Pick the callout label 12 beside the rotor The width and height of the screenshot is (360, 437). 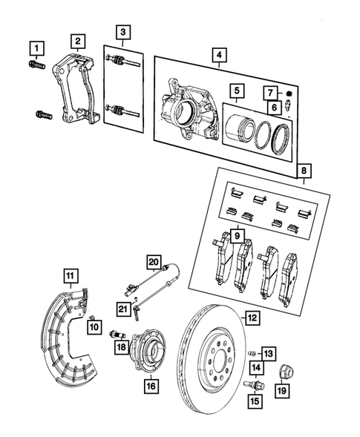[252, 318]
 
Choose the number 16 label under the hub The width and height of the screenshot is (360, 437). [151, 385]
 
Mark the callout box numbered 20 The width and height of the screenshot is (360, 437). [154, 262]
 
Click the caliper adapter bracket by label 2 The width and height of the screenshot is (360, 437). [74, 89]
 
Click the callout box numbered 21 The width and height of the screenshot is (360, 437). [123, 308]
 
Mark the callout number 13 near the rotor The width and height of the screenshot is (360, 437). [269, 352]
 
